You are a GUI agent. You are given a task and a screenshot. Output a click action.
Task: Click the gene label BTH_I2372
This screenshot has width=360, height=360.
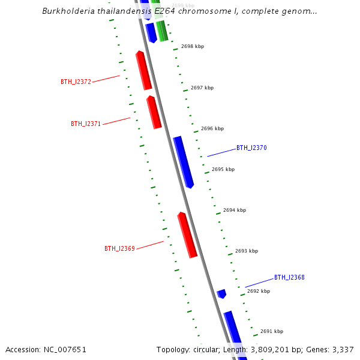pyautogui.click(x=76, y=82)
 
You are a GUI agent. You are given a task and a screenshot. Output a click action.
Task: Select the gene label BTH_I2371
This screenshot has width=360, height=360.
pyautogui.click(x=86, y=124)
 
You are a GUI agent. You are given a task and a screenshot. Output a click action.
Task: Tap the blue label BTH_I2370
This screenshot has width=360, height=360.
pyautogui.click(x=251, y=148)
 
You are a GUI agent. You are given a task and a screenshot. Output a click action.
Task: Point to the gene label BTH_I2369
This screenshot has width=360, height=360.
pyautogui.click(x=119, y=248)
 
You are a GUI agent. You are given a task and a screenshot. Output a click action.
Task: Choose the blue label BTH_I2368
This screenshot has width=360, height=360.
pyautogui.click(x=289, y=277)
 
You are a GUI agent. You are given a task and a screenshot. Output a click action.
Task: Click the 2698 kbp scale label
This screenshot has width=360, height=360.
pyautogui.click(x=192, y=46)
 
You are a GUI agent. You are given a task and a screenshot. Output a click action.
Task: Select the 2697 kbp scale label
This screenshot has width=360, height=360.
pyautogui.click(x=202, y=88)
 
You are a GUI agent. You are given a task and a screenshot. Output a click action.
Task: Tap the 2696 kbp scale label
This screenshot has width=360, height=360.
pyautogui.click(x=212, y=128)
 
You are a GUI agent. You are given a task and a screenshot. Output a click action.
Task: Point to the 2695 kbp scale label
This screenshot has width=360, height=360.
pyautogui.click(x=223, y=169)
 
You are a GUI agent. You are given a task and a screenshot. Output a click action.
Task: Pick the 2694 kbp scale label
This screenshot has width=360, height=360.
pyautogui.click(x=235, y=210)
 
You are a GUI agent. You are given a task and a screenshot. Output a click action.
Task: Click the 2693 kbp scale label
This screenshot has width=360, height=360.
pyautogui.click(x=247, y=251)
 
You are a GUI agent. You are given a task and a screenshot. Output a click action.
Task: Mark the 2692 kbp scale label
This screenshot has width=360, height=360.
pyautogui.click(x=259, y=291)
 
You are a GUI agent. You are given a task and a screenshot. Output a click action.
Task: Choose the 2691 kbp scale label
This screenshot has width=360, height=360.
pyautogui.click(x=272, y=331)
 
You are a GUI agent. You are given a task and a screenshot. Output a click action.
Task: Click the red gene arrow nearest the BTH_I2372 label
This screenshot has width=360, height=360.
pyautogui.click(x=143, y=71)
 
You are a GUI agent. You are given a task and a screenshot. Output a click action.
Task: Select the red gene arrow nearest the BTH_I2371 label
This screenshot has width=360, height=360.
pyautogui.click(x=154, y=112)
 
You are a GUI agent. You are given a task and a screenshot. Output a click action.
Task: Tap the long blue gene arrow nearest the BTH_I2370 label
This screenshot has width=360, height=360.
pyautogui.click(x=184, y=162)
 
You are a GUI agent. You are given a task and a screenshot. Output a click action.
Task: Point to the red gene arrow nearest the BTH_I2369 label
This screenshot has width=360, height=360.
pyautogui.click(x=187, y=235)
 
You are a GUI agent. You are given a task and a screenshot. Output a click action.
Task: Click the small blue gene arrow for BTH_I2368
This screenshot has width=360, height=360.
pyautogui.click(x=221, y=293)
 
